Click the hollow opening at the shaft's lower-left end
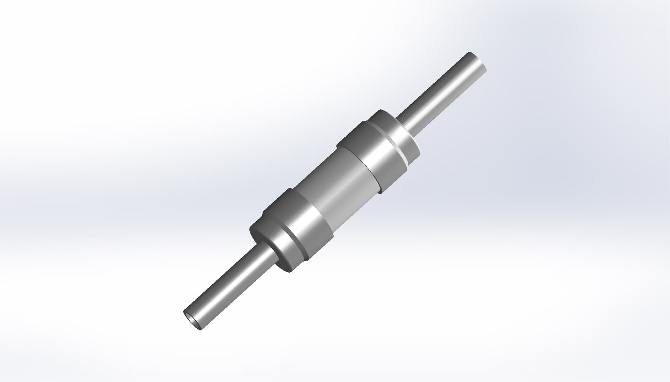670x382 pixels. pyautogui.click(x=192, y=320)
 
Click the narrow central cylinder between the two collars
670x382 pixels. pyautogui.click(x=338, y=188)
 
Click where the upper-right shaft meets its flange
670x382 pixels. pyautogui.click(x=404, y=124)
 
